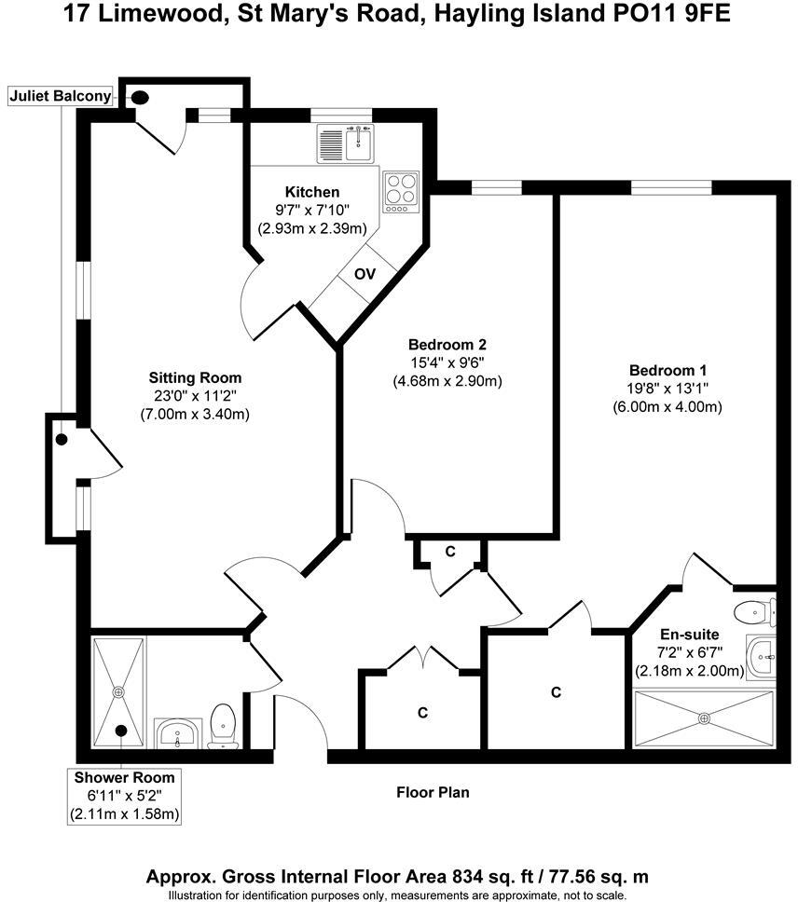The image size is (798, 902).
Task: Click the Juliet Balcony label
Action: pyautogui.click(x=60, y=96)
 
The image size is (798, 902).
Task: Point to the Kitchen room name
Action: pyautogui.click(x=300, y=192)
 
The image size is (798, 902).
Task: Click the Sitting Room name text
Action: pyautogui.click(x=195, y=377)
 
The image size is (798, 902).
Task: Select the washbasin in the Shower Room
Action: pyautogui.click(x=178, y=733)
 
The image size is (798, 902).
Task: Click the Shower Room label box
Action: pyautogui.click(x=125, y=796)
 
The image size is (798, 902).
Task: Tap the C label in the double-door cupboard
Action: pyautogui.click(x=422, y=712)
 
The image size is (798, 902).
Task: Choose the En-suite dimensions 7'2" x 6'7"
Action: pyautogui.click(x=689, y=652)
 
